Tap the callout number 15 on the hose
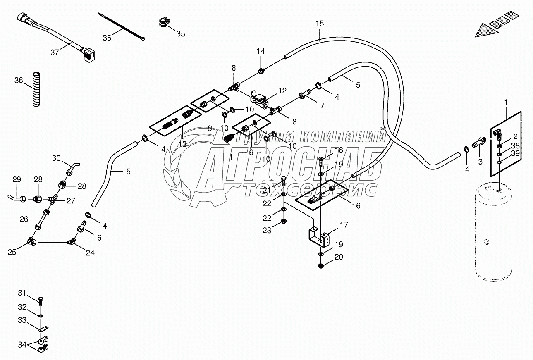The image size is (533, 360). [320, 24]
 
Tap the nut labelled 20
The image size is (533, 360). [321, 265]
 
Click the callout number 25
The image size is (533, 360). [12, 252]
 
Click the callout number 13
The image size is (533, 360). [182, 143]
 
